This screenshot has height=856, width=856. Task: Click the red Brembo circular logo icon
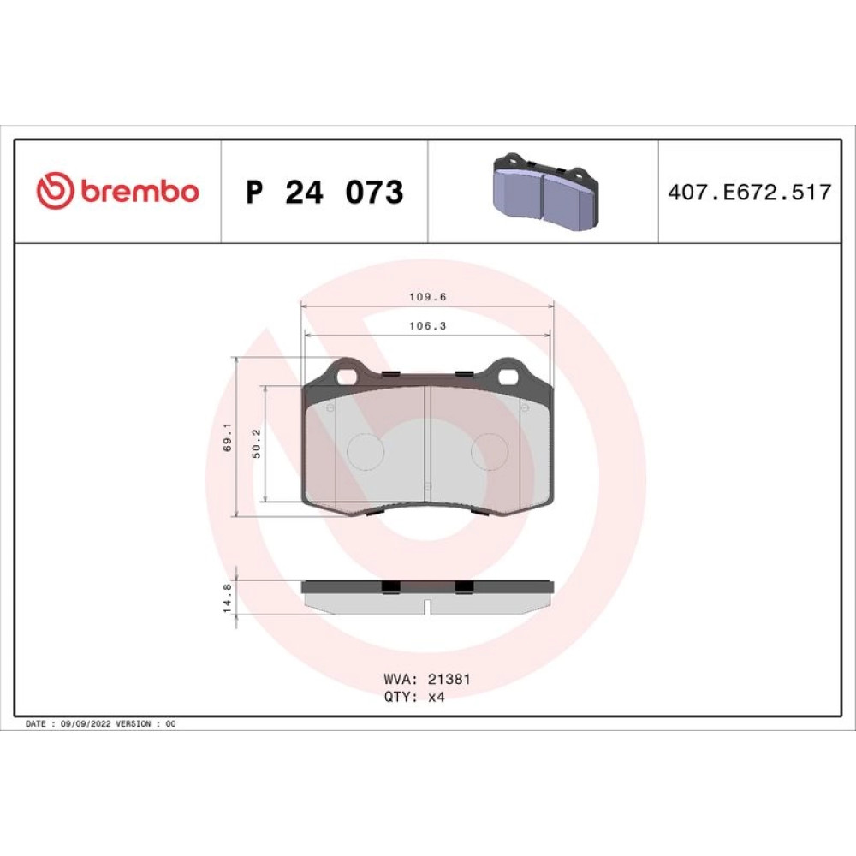point(55,191)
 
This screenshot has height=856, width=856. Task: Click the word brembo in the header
point(140,191)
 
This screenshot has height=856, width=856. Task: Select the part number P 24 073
point(324,192)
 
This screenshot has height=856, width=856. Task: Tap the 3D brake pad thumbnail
point(545,191)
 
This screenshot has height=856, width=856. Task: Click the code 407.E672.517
point(750,192)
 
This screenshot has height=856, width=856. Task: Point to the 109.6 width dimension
point(428,297)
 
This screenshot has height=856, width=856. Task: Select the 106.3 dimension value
point(428,326)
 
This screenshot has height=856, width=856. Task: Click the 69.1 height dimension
point(228,437)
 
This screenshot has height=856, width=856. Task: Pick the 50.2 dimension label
point(257,443)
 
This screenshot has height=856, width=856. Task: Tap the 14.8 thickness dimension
point(228,597)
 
